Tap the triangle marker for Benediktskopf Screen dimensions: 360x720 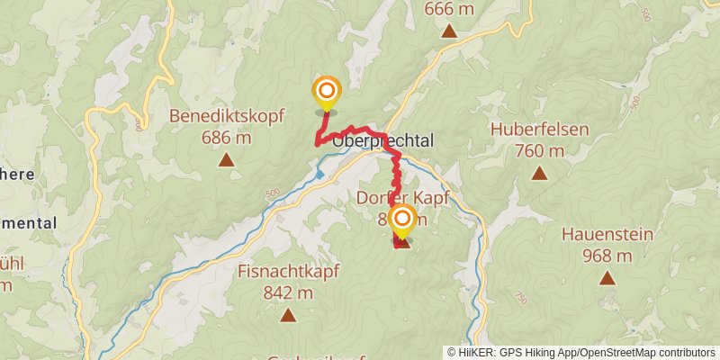point(226,161)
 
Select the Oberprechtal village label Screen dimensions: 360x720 point(383,141)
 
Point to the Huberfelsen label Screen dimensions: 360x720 point(539,129)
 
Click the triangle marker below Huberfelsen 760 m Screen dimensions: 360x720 point(539,173)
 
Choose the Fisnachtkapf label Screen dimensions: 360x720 point(288,271)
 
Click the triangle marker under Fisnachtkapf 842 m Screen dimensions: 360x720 point(288,315)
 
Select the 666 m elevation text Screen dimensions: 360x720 point(448,8)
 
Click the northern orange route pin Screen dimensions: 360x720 point(326,91)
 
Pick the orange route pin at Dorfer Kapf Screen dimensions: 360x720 point(401,219)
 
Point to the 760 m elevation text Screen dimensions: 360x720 point(539,150)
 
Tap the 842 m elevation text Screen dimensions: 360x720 point(288,292)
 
